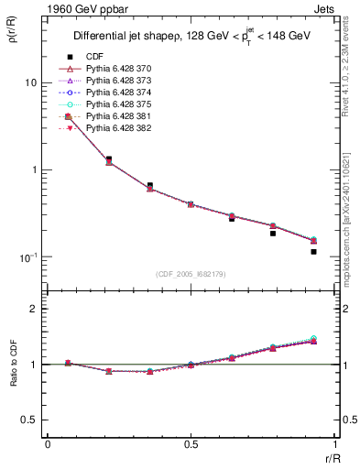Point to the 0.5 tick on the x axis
(190, 445)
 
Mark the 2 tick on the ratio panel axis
(34, 309)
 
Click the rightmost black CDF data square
(313, 252)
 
